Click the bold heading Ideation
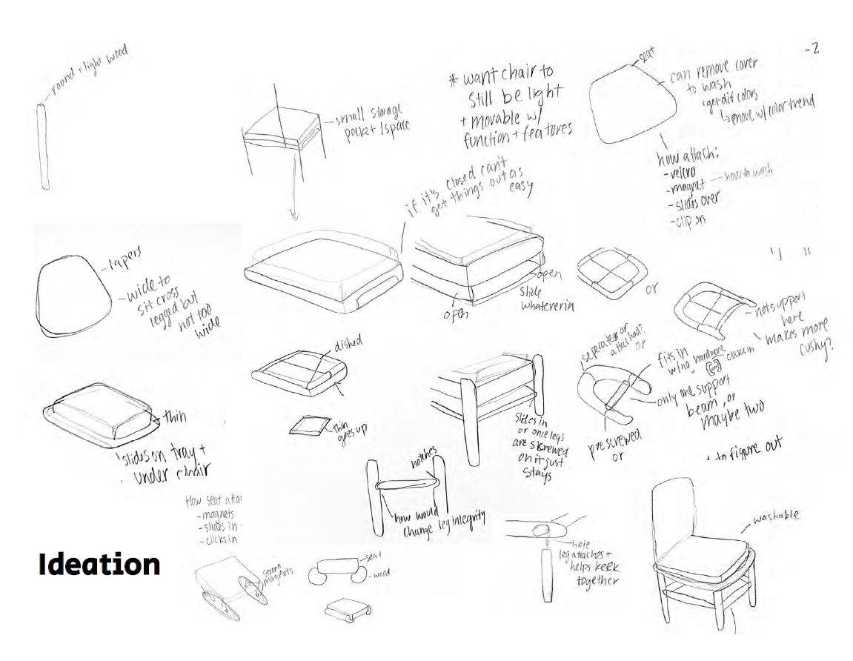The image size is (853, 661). click(99, 564)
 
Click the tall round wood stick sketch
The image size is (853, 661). click(43, 147)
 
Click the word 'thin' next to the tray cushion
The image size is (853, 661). click(176, 416)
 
